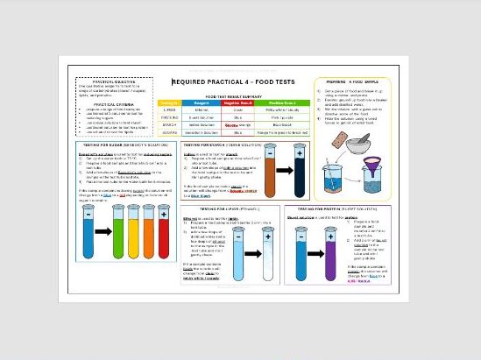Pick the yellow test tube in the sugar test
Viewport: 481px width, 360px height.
point(132,231)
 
